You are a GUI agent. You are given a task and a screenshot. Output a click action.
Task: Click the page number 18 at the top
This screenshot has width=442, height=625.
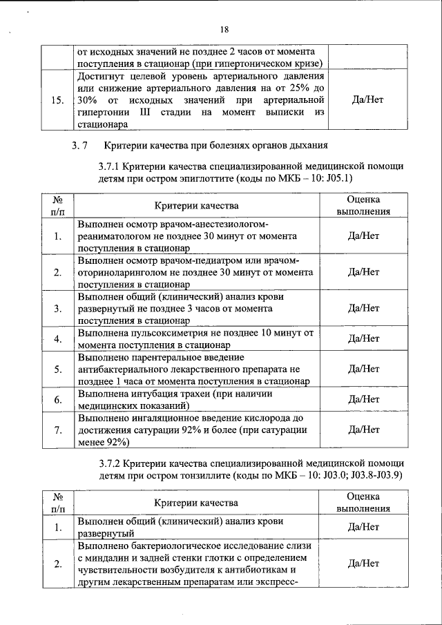[224, 29]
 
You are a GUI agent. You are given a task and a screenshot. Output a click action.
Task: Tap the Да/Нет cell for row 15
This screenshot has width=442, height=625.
[366, 99]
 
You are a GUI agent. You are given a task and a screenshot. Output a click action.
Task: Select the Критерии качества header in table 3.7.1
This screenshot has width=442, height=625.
[196, 205]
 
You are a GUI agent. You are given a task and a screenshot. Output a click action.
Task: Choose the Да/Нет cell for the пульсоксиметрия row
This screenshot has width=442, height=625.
[366, 338]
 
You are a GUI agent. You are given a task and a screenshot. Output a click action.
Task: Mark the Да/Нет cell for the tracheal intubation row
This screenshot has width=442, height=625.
[366, 399]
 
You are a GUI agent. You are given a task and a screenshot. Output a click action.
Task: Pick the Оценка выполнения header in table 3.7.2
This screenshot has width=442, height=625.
[366, 502]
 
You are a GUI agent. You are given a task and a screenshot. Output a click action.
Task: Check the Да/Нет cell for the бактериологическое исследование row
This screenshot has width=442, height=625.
[366, 564]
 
